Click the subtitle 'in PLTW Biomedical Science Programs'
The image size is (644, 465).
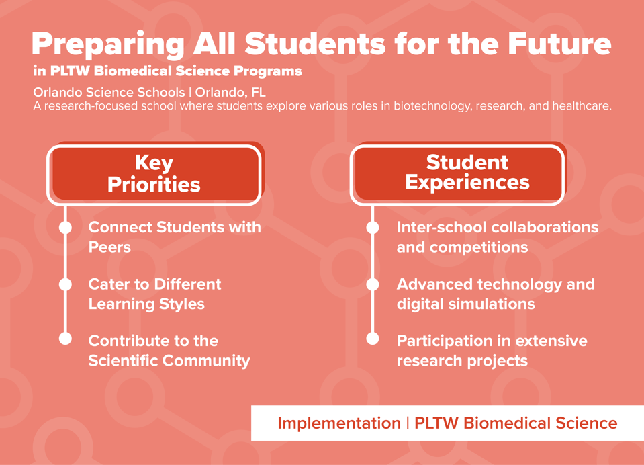167,71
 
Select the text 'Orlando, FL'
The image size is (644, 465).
230,92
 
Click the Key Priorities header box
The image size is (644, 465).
154,173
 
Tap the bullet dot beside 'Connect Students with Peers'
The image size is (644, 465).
65,228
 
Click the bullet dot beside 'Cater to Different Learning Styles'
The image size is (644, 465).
65,284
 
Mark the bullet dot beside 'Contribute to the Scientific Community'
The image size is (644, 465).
65,338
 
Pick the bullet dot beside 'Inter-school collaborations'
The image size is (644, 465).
373,228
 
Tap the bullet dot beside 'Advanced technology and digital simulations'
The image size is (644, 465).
373,284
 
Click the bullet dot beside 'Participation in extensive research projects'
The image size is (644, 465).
373,338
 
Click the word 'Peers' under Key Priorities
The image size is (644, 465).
109,247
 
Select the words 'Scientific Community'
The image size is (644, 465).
169,361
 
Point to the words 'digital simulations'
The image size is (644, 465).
465,304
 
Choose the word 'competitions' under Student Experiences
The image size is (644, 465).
479,247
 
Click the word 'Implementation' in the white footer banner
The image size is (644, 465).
338,423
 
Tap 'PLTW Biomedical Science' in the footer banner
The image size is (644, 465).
516,423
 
